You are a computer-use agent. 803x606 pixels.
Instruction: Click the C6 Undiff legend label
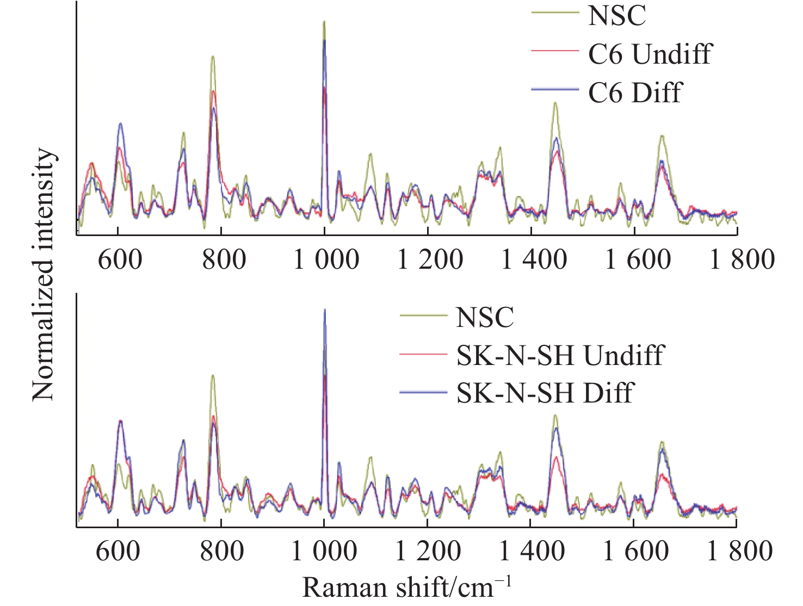[650, 54]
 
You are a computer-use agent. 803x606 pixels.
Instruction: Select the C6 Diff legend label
[635, 92]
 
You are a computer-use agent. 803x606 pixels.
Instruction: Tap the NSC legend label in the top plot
[617, 15]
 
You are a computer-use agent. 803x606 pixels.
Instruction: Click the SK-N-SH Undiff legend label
[560, 356]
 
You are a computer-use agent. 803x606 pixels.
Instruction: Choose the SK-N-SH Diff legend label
[545, 393]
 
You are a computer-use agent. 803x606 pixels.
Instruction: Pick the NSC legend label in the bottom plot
[485, 317]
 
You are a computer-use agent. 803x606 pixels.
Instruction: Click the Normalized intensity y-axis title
[44, 275]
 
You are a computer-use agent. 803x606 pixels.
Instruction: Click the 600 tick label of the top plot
[120, 259]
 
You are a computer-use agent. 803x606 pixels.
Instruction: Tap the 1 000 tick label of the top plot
[326, 259]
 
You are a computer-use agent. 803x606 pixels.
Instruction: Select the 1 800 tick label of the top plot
[742, 259]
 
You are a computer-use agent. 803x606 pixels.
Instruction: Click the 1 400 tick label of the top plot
[534, 259]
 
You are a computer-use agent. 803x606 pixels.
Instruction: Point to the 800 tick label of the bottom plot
[221, 551]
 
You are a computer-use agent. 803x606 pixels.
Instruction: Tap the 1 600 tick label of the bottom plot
[635, 551]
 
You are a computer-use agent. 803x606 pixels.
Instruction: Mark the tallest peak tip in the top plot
[324, 22]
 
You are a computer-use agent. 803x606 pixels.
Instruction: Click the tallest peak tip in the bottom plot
[325, 310]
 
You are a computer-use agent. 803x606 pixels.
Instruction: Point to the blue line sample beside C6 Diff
[555, 89]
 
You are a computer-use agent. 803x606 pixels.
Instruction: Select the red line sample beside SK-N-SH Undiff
[423, 354]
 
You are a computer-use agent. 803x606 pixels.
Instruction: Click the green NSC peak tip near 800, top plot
[213, 56]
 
